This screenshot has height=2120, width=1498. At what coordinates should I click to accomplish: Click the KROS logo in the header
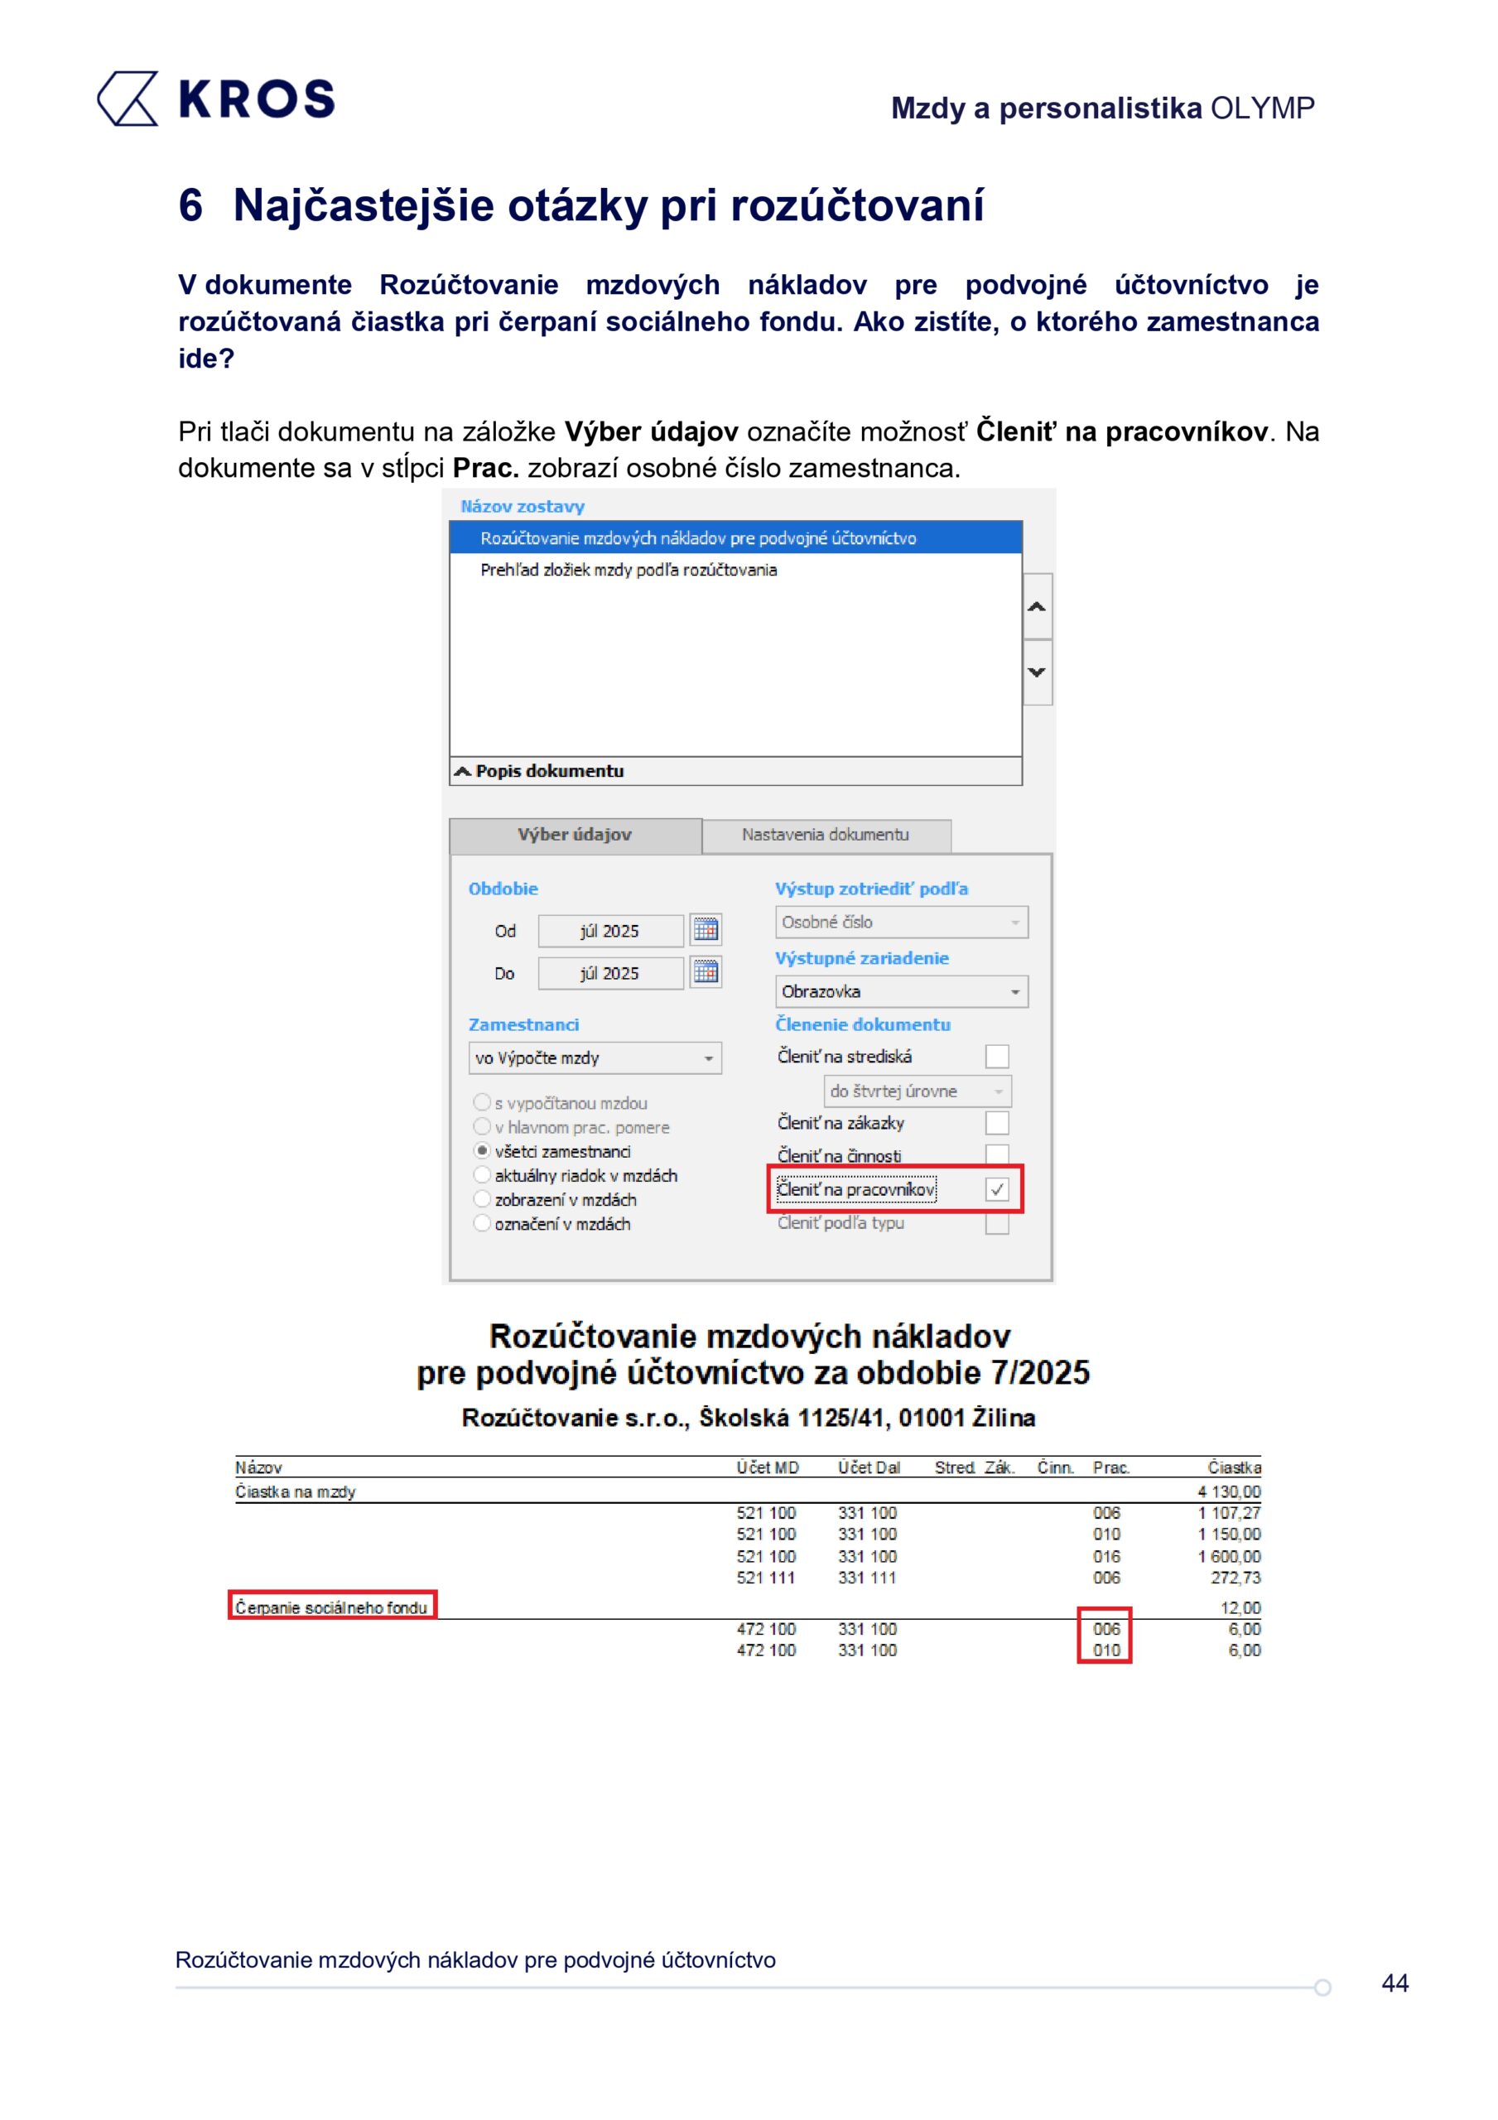pyautogui.click(x=216, y=99)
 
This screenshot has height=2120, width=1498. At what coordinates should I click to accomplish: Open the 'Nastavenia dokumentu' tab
pyautogui.click(x=825, y=835)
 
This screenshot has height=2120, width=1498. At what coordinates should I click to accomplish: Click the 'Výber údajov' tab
pyautogui.click(x=575, y=835)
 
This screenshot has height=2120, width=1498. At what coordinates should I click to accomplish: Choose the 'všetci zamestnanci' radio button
pyautogui.click(x=482, y=1150)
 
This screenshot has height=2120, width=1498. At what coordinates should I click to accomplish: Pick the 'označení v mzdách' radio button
pyautogui.click(x=482, y=1223)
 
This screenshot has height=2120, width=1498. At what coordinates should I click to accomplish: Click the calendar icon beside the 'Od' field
pyautogui.click(x=706, y=930)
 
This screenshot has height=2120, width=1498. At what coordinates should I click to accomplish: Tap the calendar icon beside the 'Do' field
pyautogui.click(x=706, y=972)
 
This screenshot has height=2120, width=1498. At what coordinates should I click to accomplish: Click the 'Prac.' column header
pyautogui.click(x=1111, y=1468)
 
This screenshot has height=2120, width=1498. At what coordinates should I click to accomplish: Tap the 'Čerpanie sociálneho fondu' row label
pyautogui.click(x=330, y=1607)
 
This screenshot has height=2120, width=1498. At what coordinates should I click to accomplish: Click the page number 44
pyautogui.click(x=1394, y=1983)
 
